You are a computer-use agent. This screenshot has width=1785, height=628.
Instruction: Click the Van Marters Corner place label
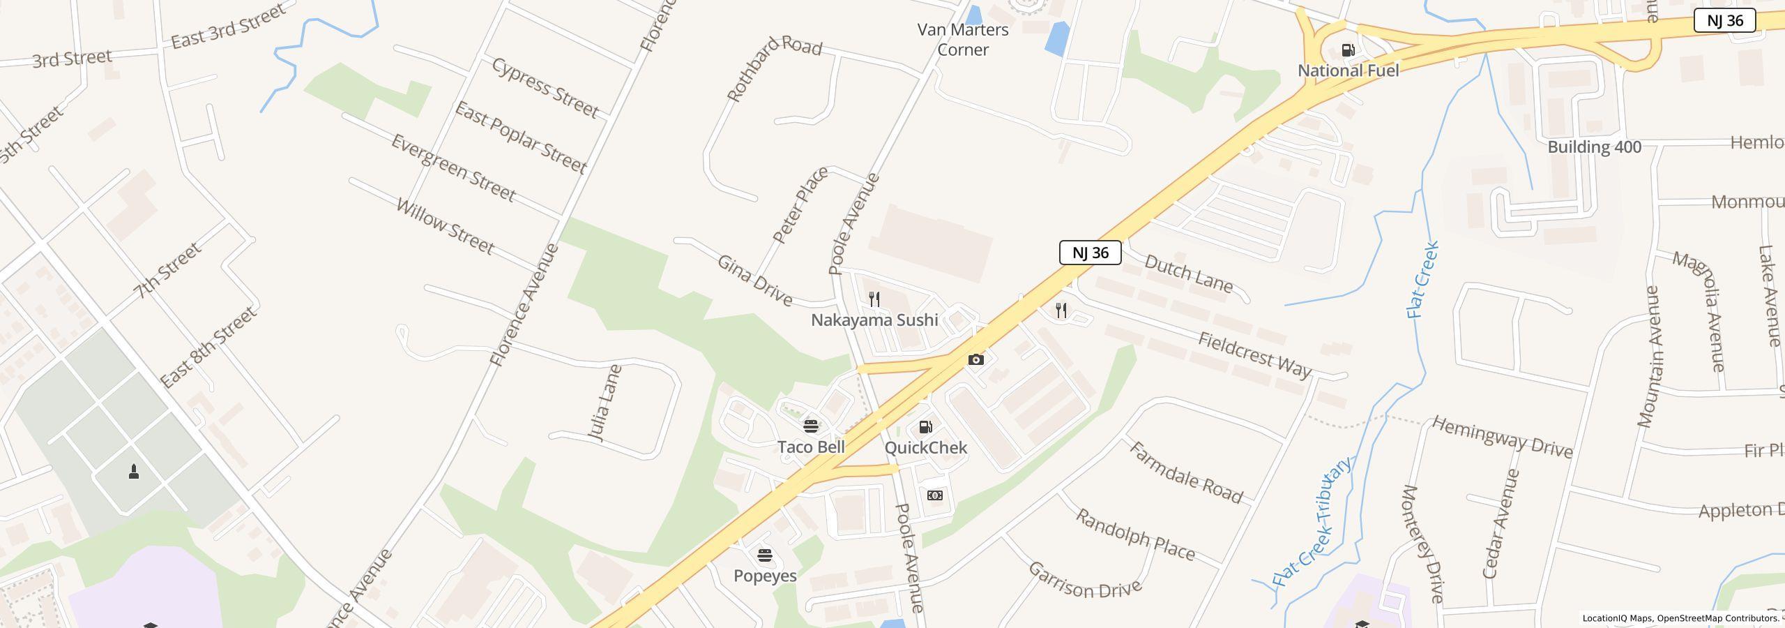click(x=962, y=40)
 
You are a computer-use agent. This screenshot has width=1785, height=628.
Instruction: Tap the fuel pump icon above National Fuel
click(x=1348, y=50)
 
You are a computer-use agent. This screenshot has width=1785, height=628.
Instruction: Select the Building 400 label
click(x=1594, y=147)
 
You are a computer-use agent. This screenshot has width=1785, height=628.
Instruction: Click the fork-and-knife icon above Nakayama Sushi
click(x=874, y=299)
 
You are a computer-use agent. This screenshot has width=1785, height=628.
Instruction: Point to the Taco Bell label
click(x=811, y=447)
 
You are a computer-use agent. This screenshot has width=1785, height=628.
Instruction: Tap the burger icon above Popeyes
click(x=765, y=555)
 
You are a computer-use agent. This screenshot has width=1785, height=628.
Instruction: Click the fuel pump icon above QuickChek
click(x=925, y=427)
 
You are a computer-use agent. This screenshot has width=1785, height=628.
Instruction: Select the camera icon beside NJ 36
click(x=976, y=360)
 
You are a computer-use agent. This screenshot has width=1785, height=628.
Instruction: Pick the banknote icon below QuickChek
click(x=935, y=495)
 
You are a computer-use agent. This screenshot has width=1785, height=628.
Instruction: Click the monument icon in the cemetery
click(x=134, y=472)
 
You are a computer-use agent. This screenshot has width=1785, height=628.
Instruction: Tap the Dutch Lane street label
click(x=1189, y=274)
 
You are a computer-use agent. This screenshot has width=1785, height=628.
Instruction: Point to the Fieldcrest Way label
click(x=1255, y=354)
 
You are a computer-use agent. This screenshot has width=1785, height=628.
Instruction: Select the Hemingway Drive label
click(x=1503, y=438)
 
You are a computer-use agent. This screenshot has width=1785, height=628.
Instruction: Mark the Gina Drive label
click(x=755, y=281)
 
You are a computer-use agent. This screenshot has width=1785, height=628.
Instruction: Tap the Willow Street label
click(x=445, y=226)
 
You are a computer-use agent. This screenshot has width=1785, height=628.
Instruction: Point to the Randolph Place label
click(x=1135, y=535)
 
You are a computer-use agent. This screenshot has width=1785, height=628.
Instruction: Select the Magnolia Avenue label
click(x=1699, y=311)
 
